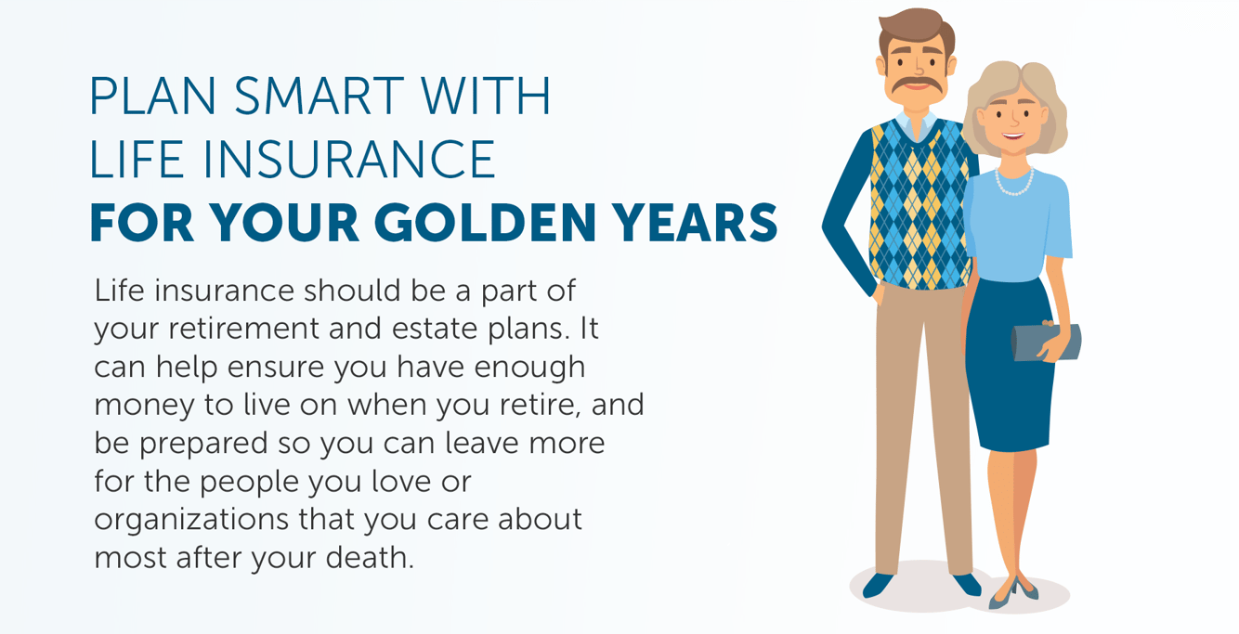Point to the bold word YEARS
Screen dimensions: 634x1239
[705, 223]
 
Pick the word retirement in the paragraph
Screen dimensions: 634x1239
[250, 330]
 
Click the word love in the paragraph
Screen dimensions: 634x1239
[384, 482]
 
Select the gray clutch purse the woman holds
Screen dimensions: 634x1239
[1045, 343]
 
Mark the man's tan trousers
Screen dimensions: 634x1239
[919, 418]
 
